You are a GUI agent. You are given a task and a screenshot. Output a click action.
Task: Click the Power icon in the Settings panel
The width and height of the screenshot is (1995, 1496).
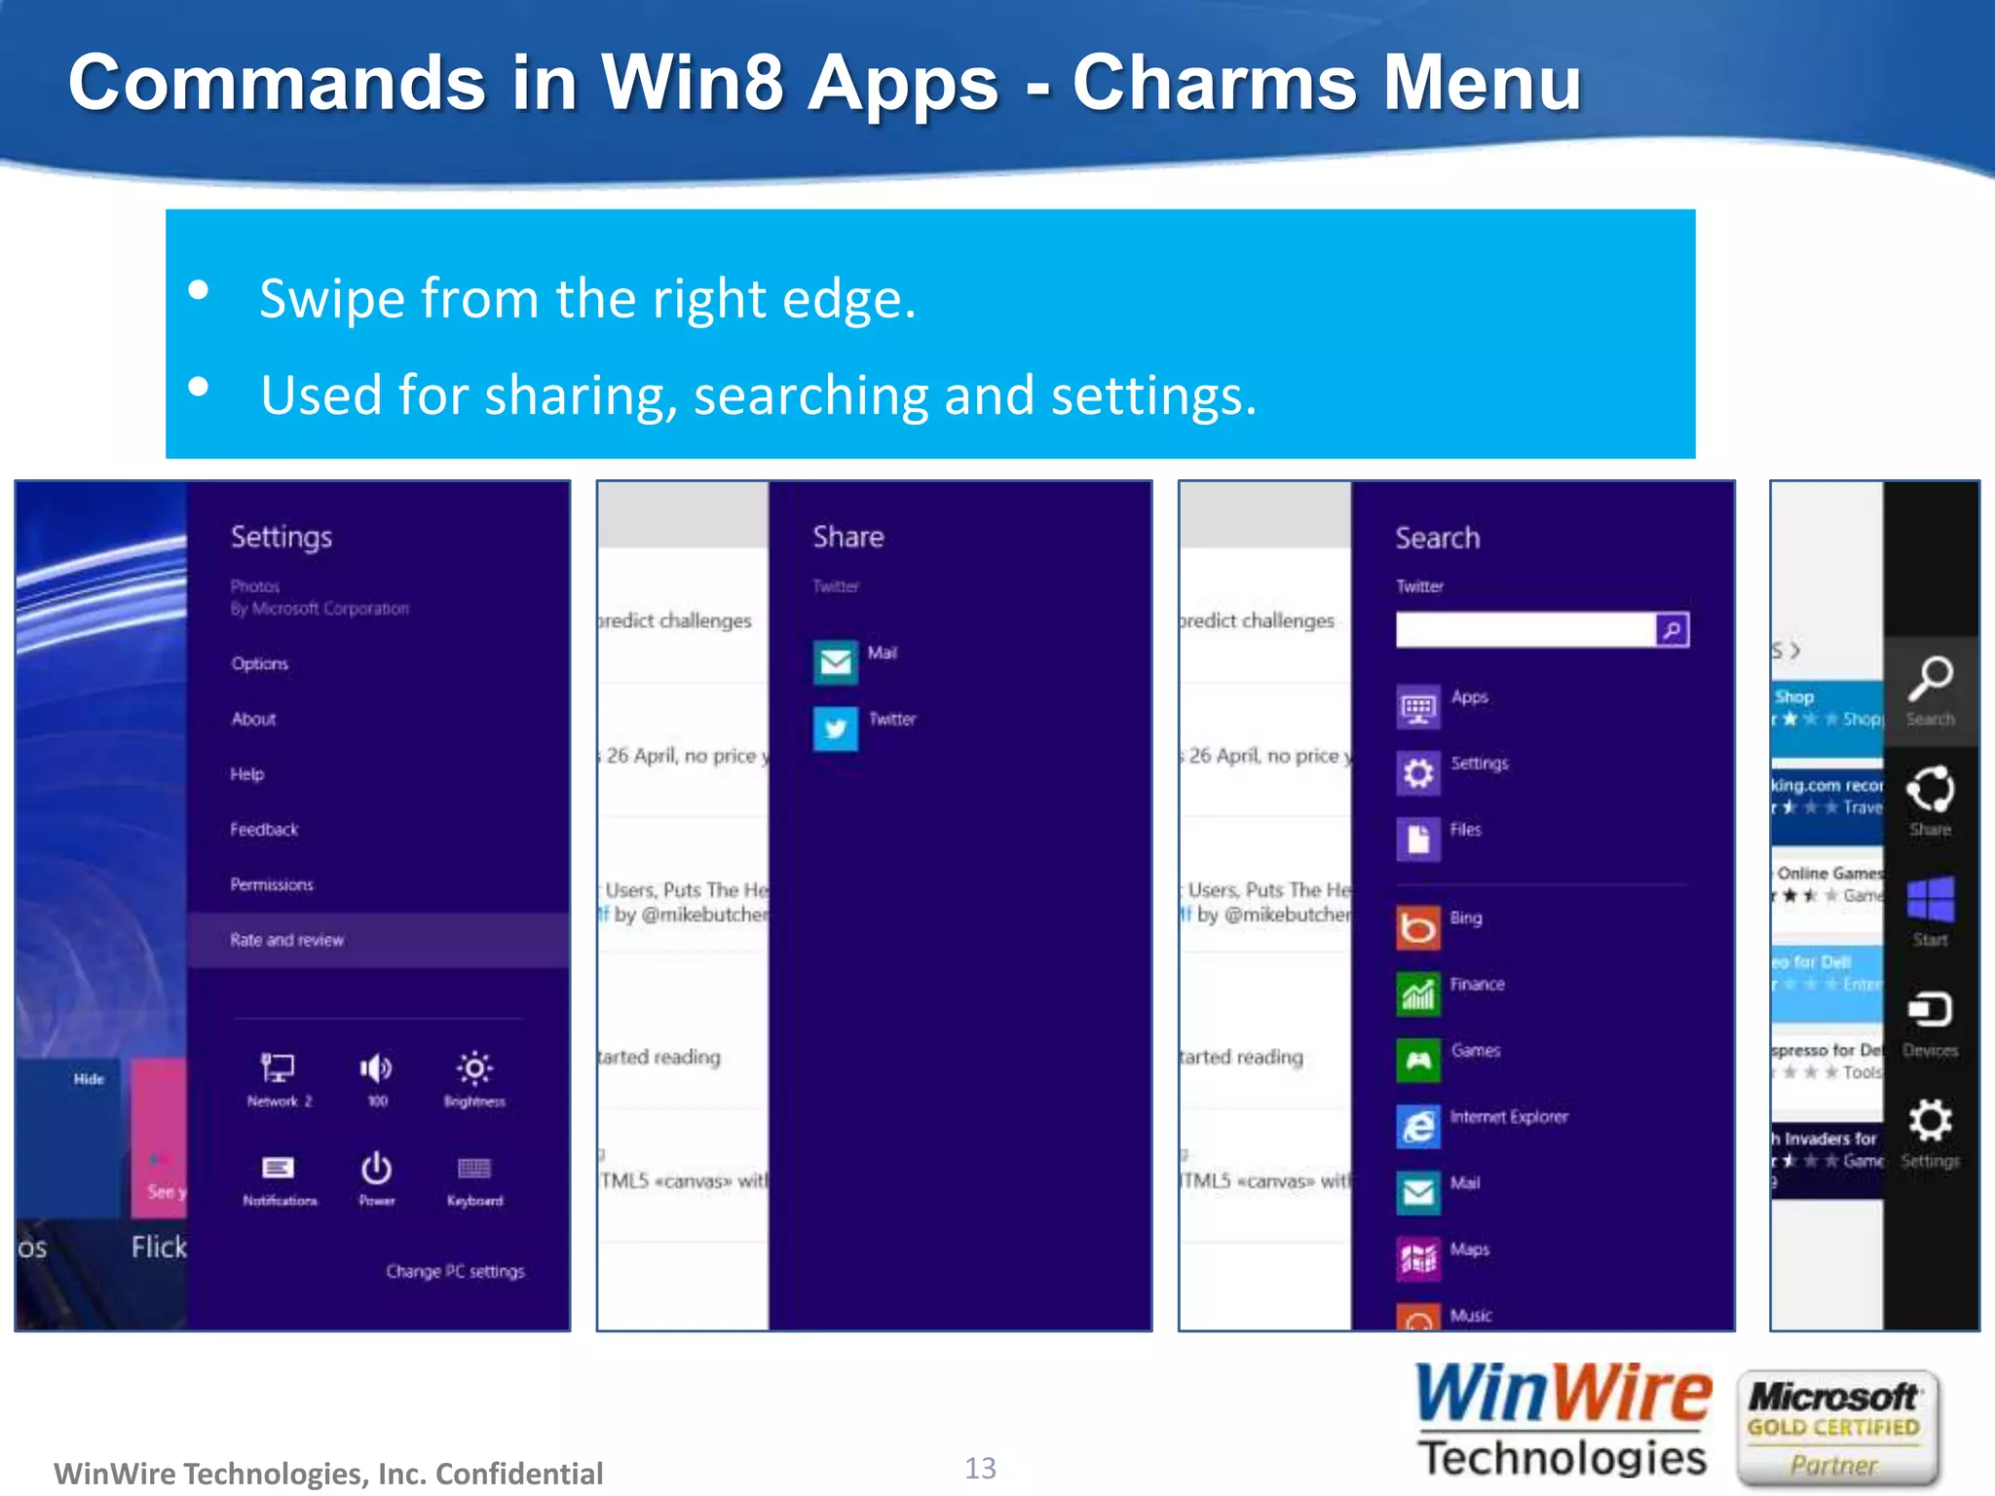[377, 1168]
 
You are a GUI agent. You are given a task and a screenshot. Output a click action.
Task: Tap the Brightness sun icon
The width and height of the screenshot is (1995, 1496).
[474, 1068]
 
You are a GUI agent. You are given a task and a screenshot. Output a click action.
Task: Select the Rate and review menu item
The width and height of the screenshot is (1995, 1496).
[286, 940]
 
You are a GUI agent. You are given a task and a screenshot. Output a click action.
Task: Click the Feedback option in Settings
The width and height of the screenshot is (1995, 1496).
[264, 830]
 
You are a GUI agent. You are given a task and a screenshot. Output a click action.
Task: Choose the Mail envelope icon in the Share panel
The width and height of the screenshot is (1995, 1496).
[836, 662]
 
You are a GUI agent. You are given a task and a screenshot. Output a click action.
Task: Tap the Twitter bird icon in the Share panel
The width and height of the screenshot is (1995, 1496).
[836, 729]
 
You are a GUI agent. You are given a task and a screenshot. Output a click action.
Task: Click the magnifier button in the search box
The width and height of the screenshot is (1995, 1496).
[1672, 630]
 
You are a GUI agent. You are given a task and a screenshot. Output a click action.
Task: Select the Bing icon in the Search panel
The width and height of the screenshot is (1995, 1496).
[1418, 928]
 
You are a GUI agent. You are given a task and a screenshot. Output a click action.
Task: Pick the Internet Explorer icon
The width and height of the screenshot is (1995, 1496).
[1418, 1127]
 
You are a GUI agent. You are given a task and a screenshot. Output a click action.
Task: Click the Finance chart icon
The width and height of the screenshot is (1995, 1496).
[1418, 994]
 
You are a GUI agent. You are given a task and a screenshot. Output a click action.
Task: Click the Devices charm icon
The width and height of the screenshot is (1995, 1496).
[1930, 1010]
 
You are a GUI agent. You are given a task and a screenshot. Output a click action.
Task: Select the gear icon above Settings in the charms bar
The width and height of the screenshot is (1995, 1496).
[1930, 1120]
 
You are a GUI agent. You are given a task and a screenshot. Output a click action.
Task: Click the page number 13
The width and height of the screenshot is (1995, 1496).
[980, 1468]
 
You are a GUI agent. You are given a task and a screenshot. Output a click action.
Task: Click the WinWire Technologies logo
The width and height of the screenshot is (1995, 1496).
[1562, 1423]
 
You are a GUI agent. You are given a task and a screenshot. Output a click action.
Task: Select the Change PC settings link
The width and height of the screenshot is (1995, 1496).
[455, 1271]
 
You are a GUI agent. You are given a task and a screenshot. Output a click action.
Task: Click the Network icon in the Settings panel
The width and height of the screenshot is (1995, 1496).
[278, 1068]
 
